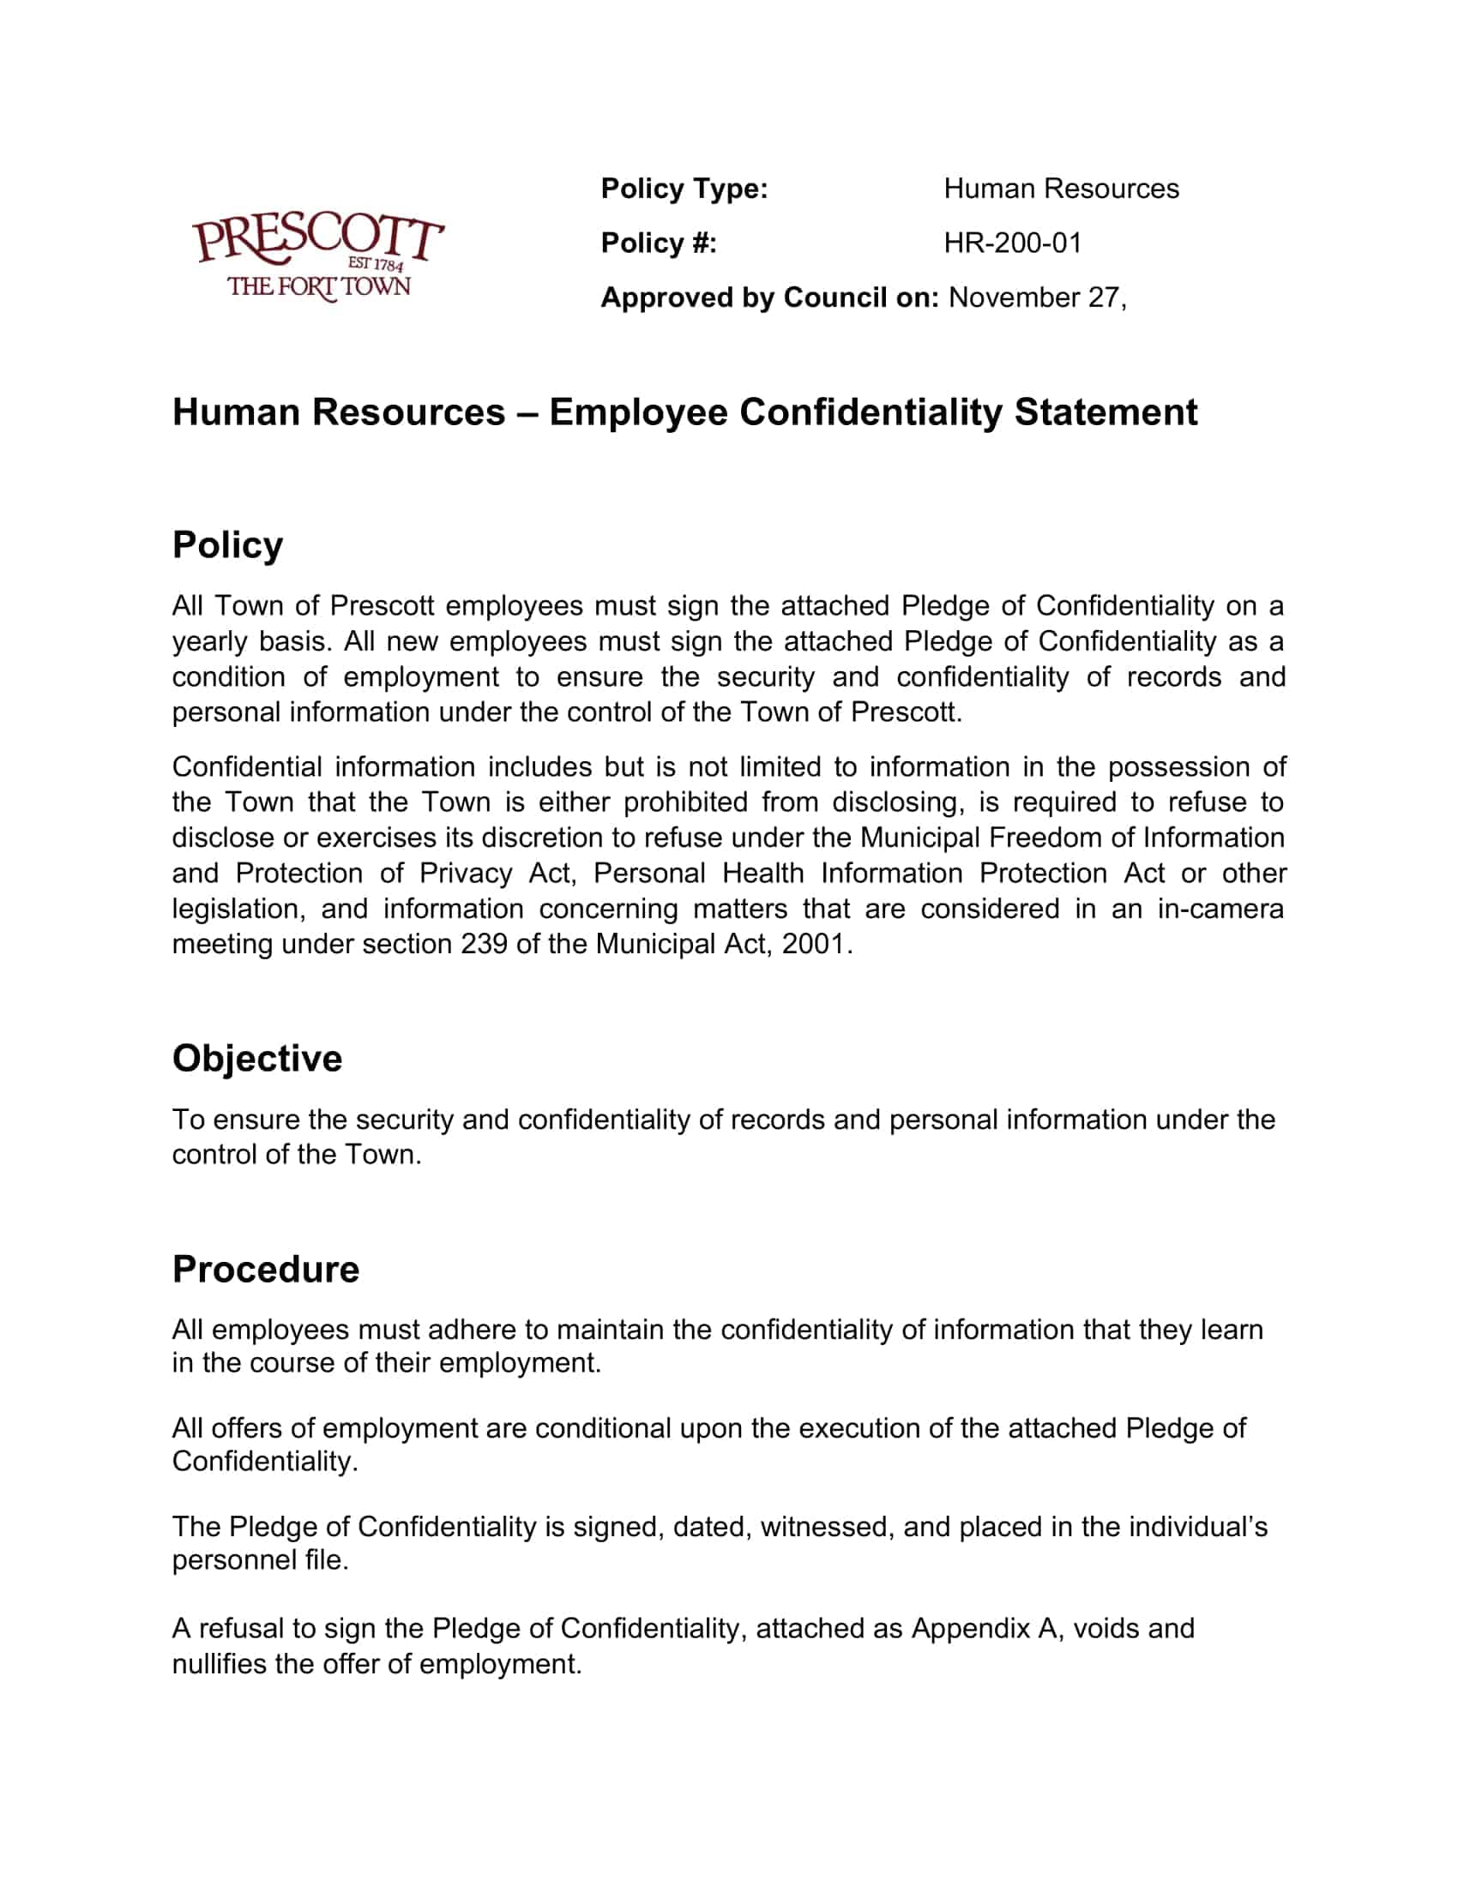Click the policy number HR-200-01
(x=1012, y=243)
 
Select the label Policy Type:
(x=684, y=189)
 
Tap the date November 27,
(x=1038, y=298)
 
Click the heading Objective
(x=256, y=1059)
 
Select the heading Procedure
(x=265, y=1270)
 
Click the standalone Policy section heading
(x=227, y=546)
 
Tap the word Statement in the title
(x=1106, y=411)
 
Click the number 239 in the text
(x=484, y=944)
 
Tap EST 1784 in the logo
(x=375, y=264)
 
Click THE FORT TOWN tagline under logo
(x=318, y=287)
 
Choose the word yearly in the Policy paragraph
(x=206, y=640)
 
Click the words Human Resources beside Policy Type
(x=1061, y=189)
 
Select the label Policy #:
(x=658, y=243)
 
